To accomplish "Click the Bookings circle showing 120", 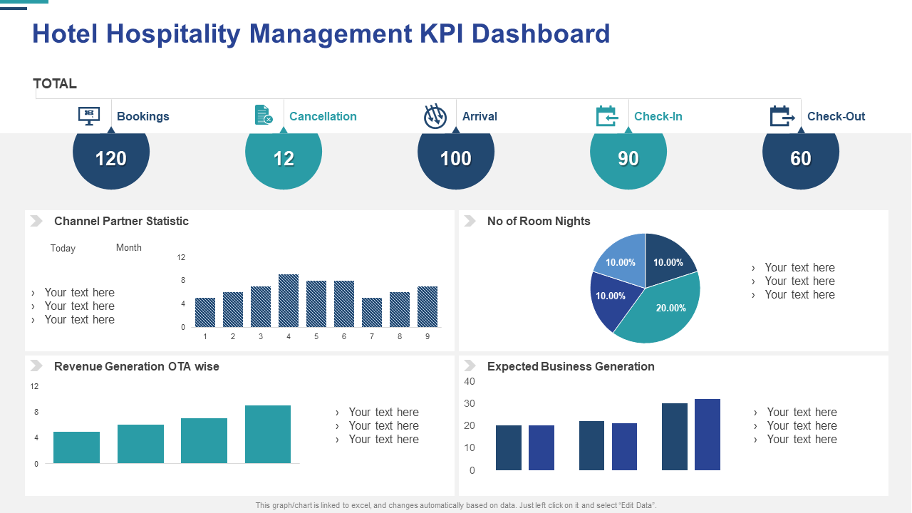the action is click(x=111, y=159).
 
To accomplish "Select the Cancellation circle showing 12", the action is click(x=284, y=159).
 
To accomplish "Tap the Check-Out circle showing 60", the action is click(x=801, y=159).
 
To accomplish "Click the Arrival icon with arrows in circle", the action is click(x=435, y=116).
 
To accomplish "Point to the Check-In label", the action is click(x=658, y=116).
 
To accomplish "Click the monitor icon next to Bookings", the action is click(x=89, y=116).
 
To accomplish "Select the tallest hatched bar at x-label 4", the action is click(x=289, y=301).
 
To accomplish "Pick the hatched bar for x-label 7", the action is click(x=372, y=312).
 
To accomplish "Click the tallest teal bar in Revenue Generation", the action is click(x=268, y=434).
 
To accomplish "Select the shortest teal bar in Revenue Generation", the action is click(x=76, y=447).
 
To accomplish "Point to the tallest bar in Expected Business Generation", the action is click(x=708, y=435).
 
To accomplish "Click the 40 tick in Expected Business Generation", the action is click(x=470, y=381).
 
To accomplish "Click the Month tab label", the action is click(x=129, y=248).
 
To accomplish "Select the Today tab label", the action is click(x=63, y=249).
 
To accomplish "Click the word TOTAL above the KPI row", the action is click(x=55, y=83).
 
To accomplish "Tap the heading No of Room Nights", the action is click(x=539, y=221).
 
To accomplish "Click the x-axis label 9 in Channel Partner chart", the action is click(x=427, y=336).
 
